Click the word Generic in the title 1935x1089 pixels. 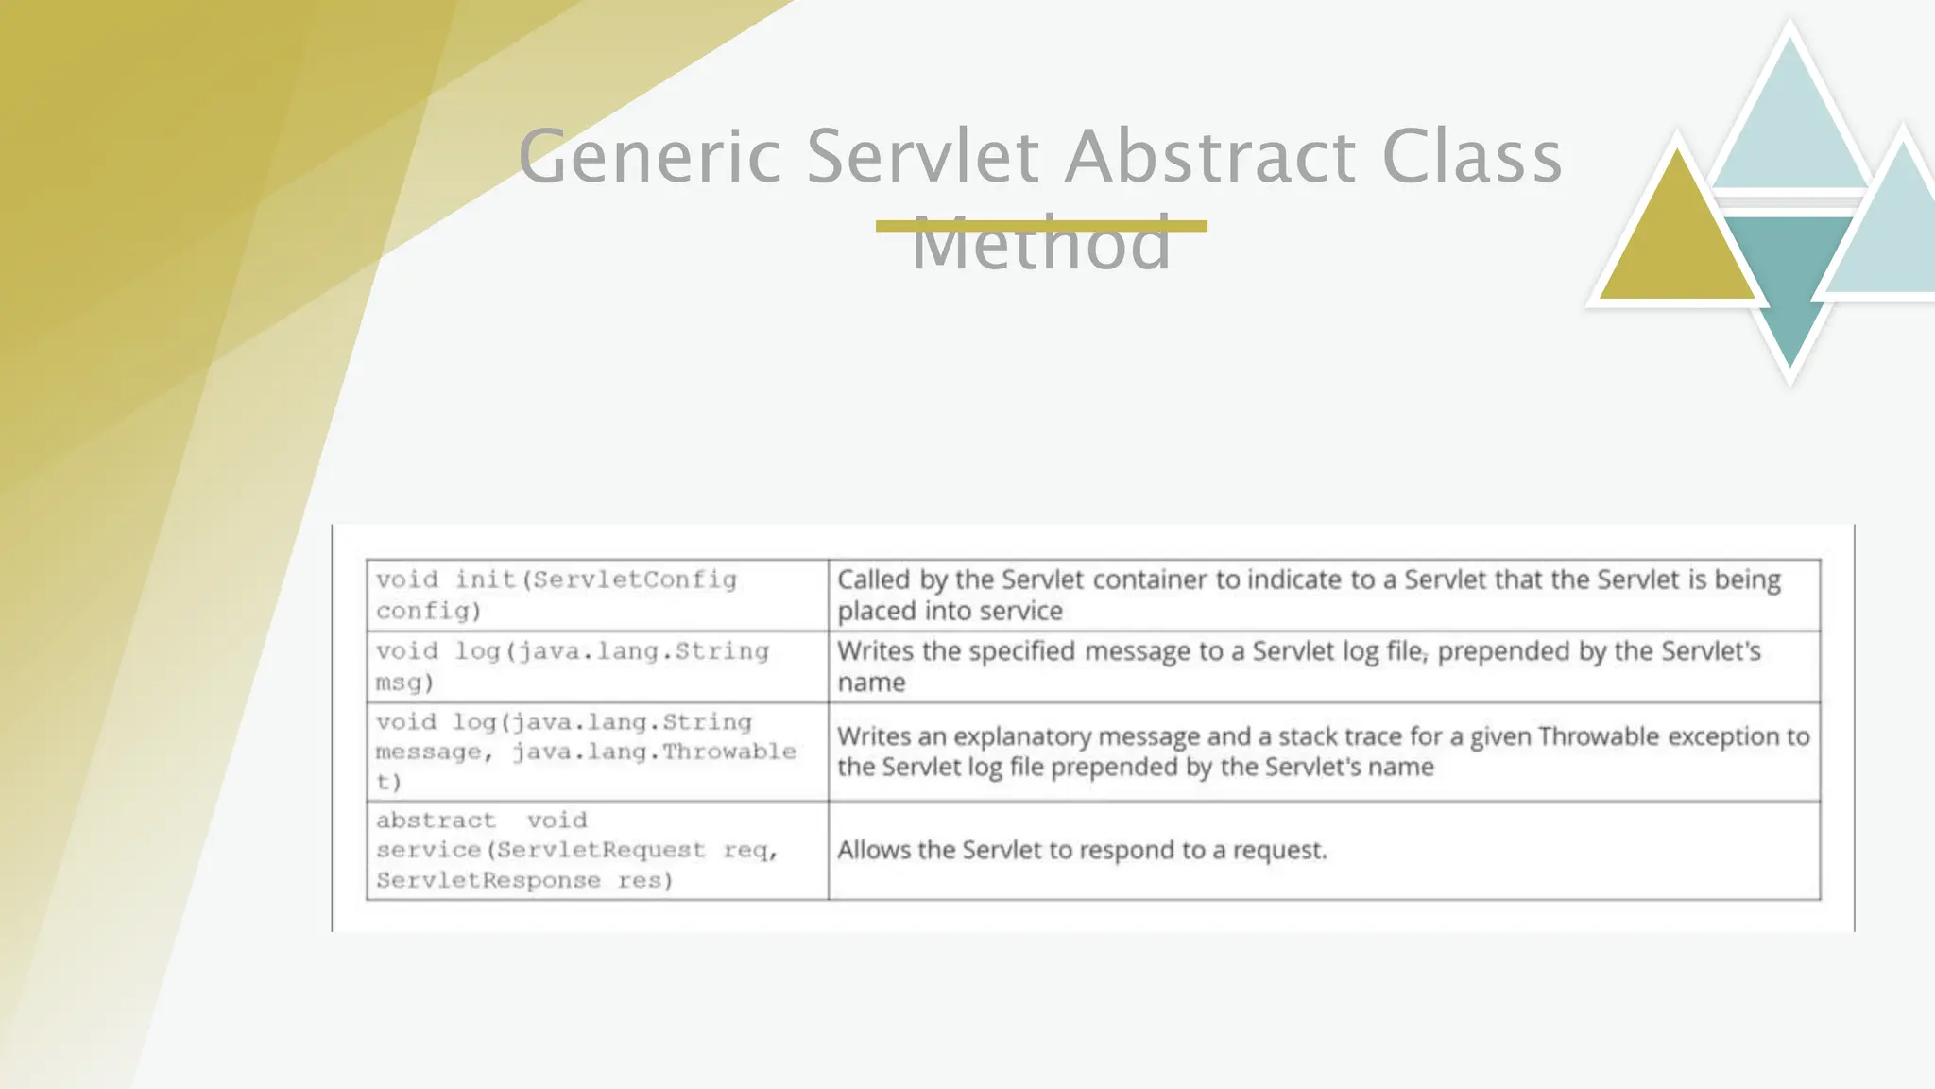650,157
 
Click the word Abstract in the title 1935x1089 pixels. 1211,157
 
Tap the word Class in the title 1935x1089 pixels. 1471,157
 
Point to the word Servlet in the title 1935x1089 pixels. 923,157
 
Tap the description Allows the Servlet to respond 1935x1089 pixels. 1082,850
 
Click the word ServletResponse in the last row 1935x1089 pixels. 488,880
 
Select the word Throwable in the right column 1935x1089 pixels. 1599,736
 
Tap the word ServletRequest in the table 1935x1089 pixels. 601,850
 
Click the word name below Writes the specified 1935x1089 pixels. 871,683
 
